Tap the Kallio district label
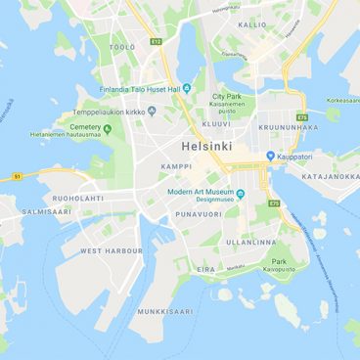252,24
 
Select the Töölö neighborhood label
122,46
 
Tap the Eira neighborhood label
205,269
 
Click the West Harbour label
111,250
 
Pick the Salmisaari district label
47,210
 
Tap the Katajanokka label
330,177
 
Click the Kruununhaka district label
288,126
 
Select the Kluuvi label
216,124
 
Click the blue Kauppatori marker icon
271,156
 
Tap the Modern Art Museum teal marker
240,192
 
